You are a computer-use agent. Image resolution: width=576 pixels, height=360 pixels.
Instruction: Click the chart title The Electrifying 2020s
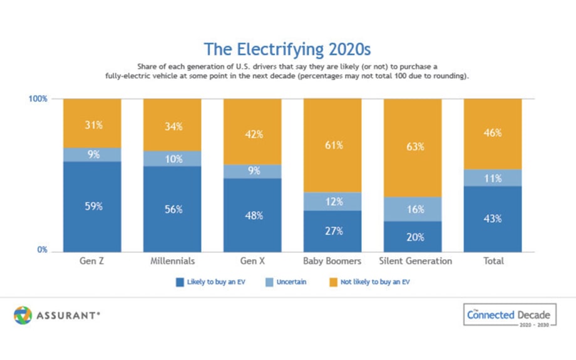click(x=288, y=49)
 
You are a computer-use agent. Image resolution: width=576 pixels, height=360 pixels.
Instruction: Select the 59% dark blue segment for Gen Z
click(x=92, y=206)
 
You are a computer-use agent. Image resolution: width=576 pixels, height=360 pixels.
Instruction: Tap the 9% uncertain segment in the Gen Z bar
click(x=92, y=155)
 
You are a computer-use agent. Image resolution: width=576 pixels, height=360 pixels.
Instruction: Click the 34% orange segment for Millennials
click(x=172, y=126)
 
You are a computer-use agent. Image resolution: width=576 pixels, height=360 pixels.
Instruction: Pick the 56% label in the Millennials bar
click(x=172, y=210)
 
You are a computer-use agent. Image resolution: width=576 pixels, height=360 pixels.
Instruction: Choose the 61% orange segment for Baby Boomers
click(x=332, y=145)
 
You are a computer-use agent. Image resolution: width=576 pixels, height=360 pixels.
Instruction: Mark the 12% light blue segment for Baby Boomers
click(x=332, y=202)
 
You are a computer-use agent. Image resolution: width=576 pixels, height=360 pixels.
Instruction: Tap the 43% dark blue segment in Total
click(x=493, y=219)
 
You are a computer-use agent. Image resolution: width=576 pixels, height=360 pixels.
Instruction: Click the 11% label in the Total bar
click(x=493, y=178)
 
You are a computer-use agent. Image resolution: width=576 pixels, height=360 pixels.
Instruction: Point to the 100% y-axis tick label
click(x=38, y=99)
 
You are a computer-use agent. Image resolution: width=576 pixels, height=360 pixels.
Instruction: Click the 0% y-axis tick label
click(x=41, y=250)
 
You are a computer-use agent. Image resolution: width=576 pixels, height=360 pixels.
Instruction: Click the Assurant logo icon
click(x=23, y=316)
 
